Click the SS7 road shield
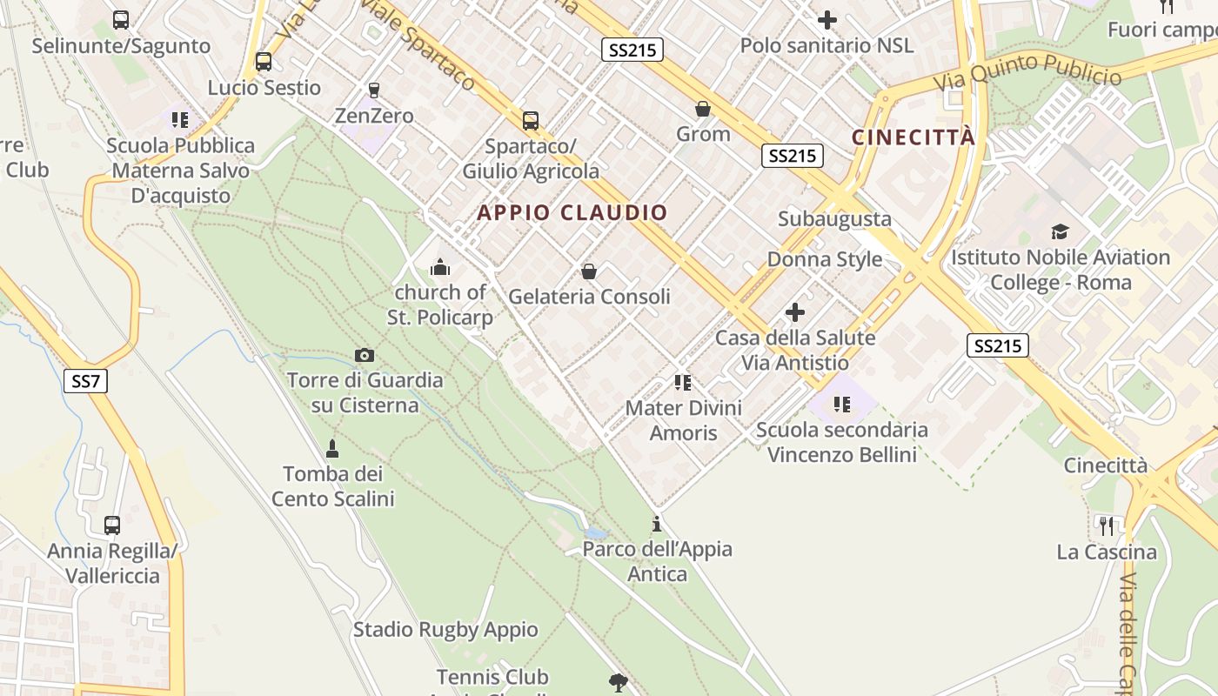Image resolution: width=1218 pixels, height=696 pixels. coord(85,380)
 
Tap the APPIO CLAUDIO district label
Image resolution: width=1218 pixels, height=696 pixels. coord(572,212)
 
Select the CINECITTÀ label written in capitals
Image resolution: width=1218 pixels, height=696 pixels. coord(913,137)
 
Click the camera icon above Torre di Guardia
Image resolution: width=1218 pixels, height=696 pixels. coord(365,355)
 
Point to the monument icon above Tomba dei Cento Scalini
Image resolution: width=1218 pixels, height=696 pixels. coord(331,449)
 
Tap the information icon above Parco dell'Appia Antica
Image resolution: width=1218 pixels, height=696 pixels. coord(657,524)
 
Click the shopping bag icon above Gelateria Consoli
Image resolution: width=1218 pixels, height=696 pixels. coord(589,271)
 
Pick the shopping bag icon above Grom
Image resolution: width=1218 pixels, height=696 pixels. coord(703,109)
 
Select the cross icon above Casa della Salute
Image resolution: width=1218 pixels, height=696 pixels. coord(795,312)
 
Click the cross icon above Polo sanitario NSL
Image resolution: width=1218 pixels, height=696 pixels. coord(827,19)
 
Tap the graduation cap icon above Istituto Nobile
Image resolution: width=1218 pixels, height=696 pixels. coord(1060,231)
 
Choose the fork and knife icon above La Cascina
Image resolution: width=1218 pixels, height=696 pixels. coord(1107,525)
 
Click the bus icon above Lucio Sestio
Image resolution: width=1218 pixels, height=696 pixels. coord(263,62)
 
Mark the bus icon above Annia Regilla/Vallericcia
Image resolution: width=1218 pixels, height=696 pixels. coord(112,525)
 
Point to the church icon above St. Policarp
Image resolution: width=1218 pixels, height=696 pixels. coord(440,267)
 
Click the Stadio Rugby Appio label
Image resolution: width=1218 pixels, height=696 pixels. coord(445,629)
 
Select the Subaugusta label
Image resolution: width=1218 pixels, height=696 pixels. coord(835,218)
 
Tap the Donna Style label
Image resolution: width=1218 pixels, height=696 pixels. coord(825,259)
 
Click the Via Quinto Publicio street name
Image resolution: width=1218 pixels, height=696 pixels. coord(1027,71)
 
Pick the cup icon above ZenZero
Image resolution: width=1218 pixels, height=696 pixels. coord(374,90)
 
